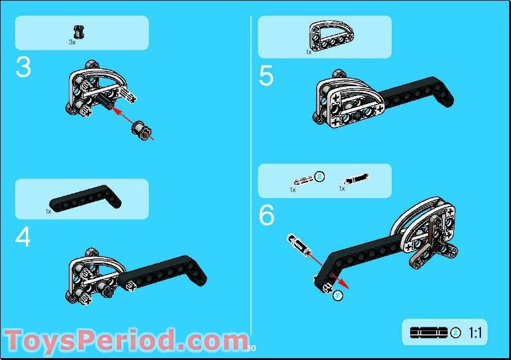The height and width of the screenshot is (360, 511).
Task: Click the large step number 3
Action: pos(23,68)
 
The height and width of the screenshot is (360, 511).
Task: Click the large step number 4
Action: pos(23,237)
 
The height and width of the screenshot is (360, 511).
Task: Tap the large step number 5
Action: pos(266,76)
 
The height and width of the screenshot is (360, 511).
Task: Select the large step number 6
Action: pos(267,215)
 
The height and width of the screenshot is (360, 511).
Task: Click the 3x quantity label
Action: pos(72,42)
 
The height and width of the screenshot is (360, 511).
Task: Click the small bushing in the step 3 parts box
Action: pos(79,32)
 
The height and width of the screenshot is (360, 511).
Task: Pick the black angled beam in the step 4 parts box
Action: pos(85,199)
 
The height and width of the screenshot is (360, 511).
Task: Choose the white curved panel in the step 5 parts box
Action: pos(331,36)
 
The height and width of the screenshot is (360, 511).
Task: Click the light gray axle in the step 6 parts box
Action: pos(303,180)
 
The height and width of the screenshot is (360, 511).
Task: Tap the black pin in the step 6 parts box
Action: pos(355,178)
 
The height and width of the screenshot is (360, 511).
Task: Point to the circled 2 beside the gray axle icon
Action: pos(320,177)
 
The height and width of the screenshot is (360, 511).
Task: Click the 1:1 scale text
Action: pos(475,333)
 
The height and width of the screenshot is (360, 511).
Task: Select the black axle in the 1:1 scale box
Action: pos(429,332)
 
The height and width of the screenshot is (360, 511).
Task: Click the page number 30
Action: pos(251,348)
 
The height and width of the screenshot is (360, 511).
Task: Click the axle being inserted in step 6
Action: pos(299,245)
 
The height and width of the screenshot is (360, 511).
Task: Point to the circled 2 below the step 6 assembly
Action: pos(338,295)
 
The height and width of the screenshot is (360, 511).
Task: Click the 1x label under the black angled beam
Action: pos(48,212)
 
